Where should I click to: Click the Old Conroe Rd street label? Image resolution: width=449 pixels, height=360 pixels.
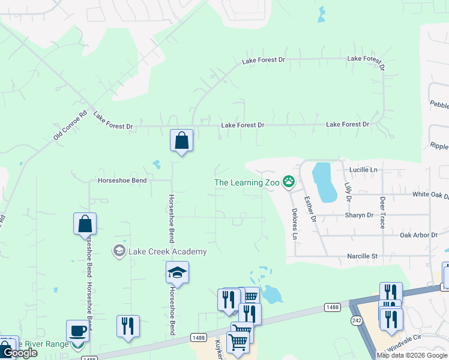(71, 125)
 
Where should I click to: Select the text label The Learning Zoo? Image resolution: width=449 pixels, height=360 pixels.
(247, 182)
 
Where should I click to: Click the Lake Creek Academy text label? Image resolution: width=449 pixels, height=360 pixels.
(167, 252)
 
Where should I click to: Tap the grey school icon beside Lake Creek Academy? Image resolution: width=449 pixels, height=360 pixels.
(119, 250)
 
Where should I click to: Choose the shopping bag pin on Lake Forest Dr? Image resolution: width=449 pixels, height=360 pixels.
(181, 141)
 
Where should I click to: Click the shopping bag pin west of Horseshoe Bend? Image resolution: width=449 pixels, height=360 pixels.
(85, 224)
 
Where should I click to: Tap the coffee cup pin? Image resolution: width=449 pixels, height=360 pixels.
(77, 331)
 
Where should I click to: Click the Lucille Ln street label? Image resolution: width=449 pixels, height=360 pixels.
(365, 170)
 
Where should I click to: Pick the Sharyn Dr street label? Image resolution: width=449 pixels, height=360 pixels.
(358, 215)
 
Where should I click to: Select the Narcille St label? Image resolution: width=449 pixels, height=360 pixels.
(362, 256)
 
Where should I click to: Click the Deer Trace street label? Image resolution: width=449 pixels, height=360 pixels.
(382, 212)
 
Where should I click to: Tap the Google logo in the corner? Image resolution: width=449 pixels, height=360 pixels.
(19, 352)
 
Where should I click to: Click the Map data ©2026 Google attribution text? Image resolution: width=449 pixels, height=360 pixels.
(412, 355)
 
